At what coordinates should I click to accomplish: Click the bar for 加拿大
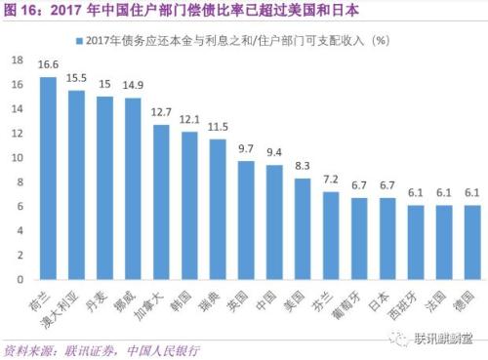tap(160, 202)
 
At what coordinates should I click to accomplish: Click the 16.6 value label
tap(47, 64)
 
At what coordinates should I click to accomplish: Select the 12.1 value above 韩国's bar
tap(188, 119)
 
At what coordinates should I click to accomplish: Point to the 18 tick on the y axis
tap(16, 60)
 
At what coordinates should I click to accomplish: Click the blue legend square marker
tap(76, 40)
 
